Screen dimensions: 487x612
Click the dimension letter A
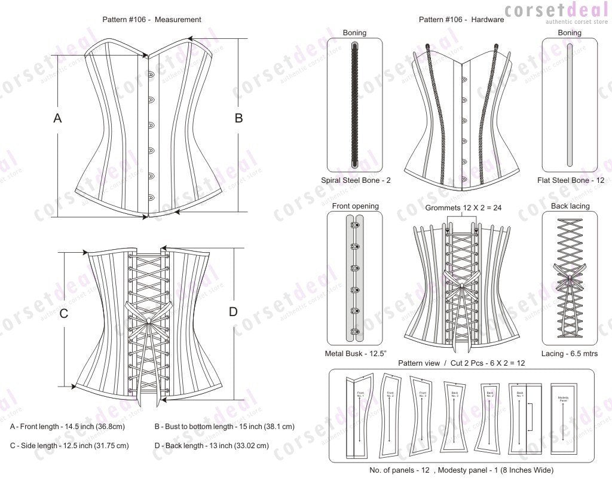coord(57,118)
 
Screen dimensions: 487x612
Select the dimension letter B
coord(238,118)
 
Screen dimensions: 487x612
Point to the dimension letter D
coord(233,311)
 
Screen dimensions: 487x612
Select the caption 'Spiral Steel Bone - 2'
coord(355,180)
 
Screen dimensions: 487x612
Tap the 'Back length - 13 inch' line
coord(212,445)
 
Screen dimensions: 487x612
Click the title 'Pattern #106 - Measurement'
coord(152,19)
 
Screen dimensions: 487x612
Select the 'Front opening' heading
coord(355,206)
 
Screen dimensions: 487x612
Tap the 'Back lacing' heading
coord(570,206)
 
